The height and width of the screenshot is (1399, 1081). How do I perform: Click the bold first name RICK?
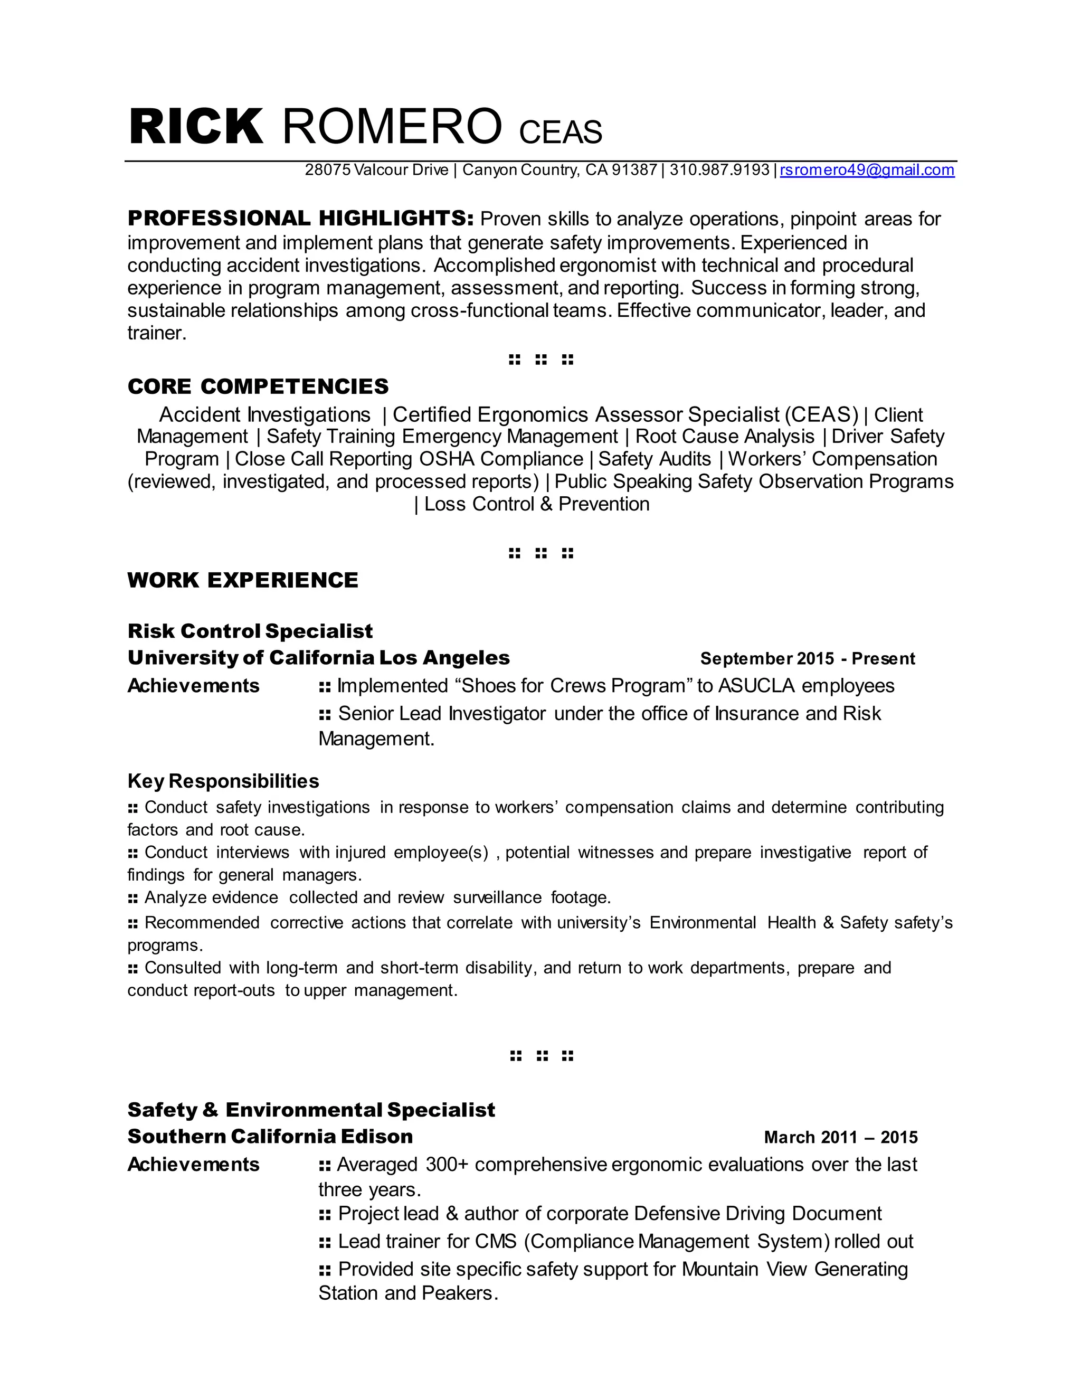(196, 127)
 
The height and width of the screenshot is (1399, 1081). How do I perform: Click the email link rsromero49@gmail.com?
(867, 170)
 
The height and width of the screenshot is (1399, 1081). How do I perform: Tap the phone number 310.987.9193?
(719, 170)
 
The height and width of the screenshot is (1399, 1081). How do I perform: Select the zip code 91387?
(634, 170)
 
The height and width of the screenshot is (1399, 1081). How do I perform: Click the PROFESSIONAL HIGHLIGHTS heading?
(300, 219)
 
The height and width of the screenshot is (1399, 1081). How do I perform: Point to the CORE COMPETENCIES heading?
(258, 386)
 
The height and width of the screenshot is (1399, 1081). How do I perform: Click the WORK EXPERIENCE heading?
(243, 580)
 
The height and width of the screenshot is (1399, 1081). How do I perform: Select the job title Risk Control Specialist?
(250, 631)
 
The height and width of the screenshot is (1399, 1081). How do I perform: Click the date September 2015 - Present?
(807, 658)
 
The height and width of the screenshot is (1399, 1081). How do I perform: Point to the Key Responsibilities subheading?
(223, 781)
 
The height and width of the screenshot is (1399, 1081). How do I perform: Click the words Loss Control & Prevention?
(537, 504)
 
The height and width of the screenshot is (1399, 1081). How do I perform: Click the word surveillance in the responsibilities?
(497, 897)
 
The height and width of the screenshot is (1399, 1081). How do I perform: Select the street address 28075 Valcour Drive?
(376, 170)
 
